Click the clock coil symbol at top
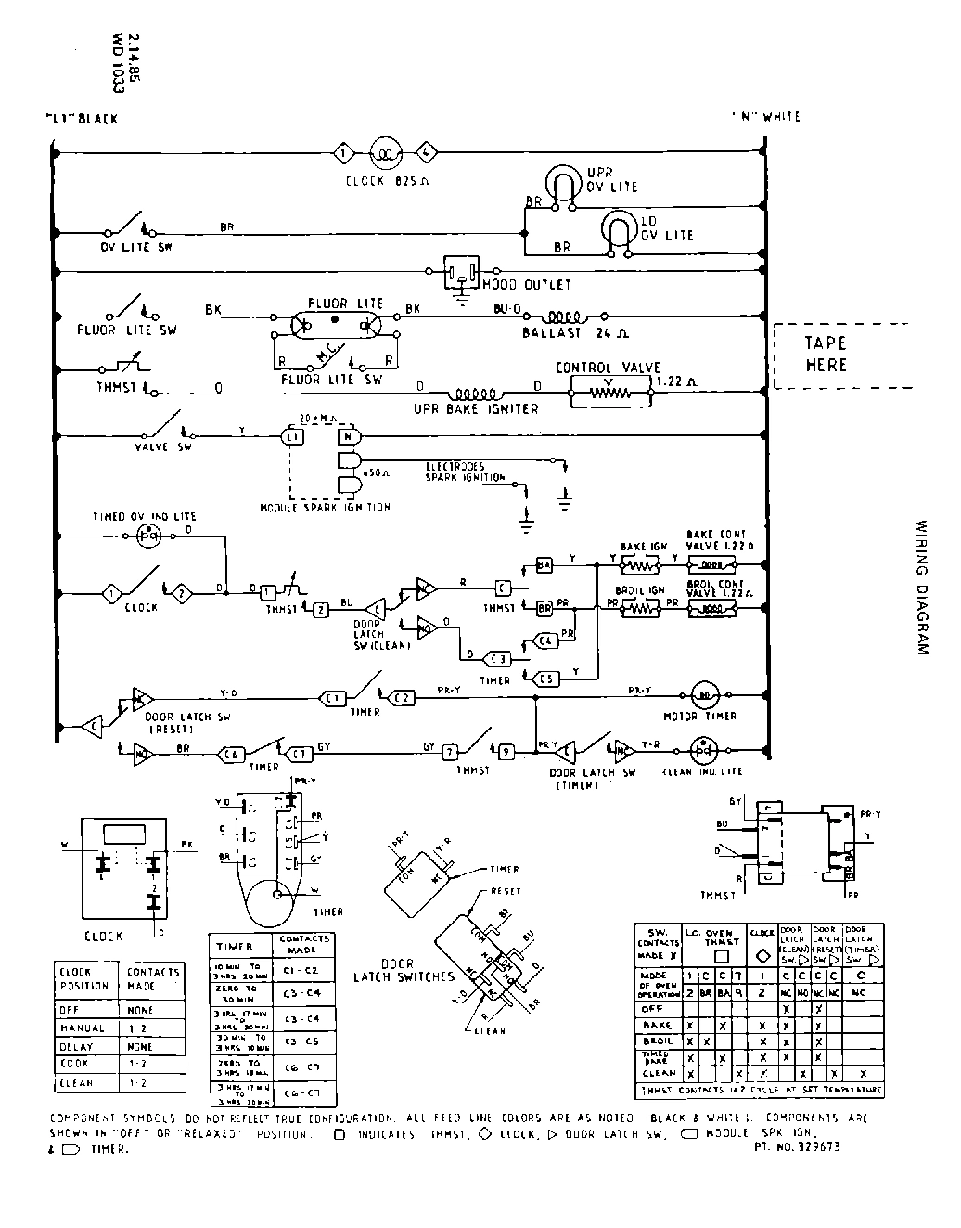coord(384,152)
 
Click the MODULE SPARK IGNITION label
coord(326,507)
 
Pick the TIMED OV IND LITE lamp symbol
coord(148,536)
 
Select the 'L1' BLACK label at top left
coord(82,119)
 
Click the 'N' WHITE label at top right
coord(765,117)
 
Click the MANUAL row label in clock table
coord(83,1028)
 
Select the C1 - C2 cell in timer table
coord(301,970)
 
